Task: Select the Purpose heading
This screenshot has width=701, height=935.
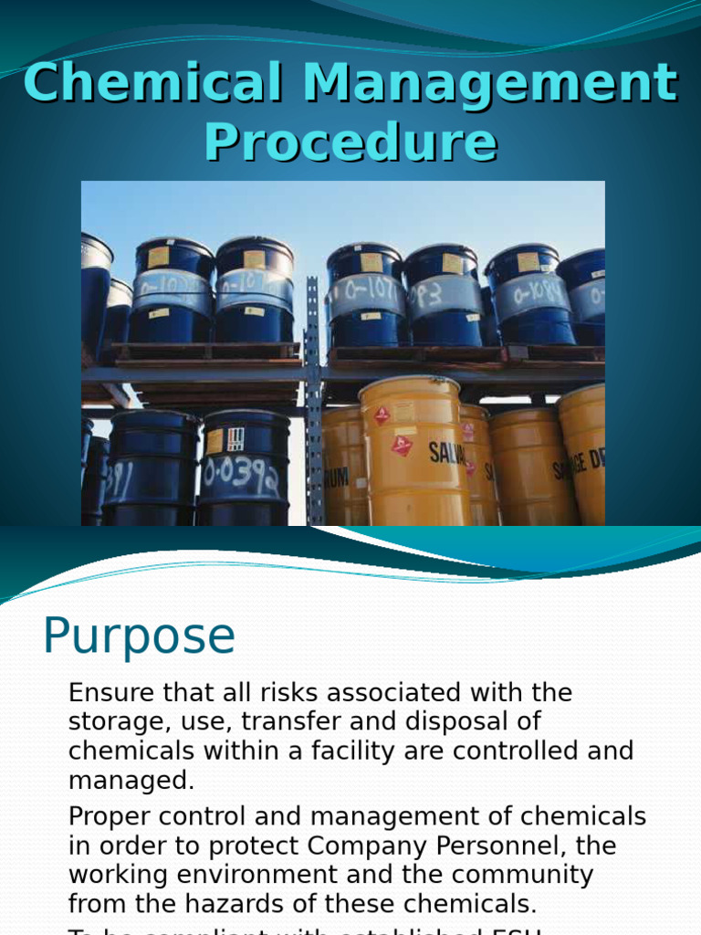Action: click(139, 636)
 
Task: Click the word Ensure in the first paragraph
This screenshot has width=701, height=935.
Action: click(110, 692)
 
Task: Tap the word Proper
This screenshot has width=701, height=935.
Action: click(109, 815)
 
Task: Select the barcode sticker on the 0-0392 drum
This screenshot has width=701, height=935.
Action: click(235, 439)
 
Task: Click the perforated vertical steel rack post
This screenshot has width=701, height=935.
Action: click(313, 402)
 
